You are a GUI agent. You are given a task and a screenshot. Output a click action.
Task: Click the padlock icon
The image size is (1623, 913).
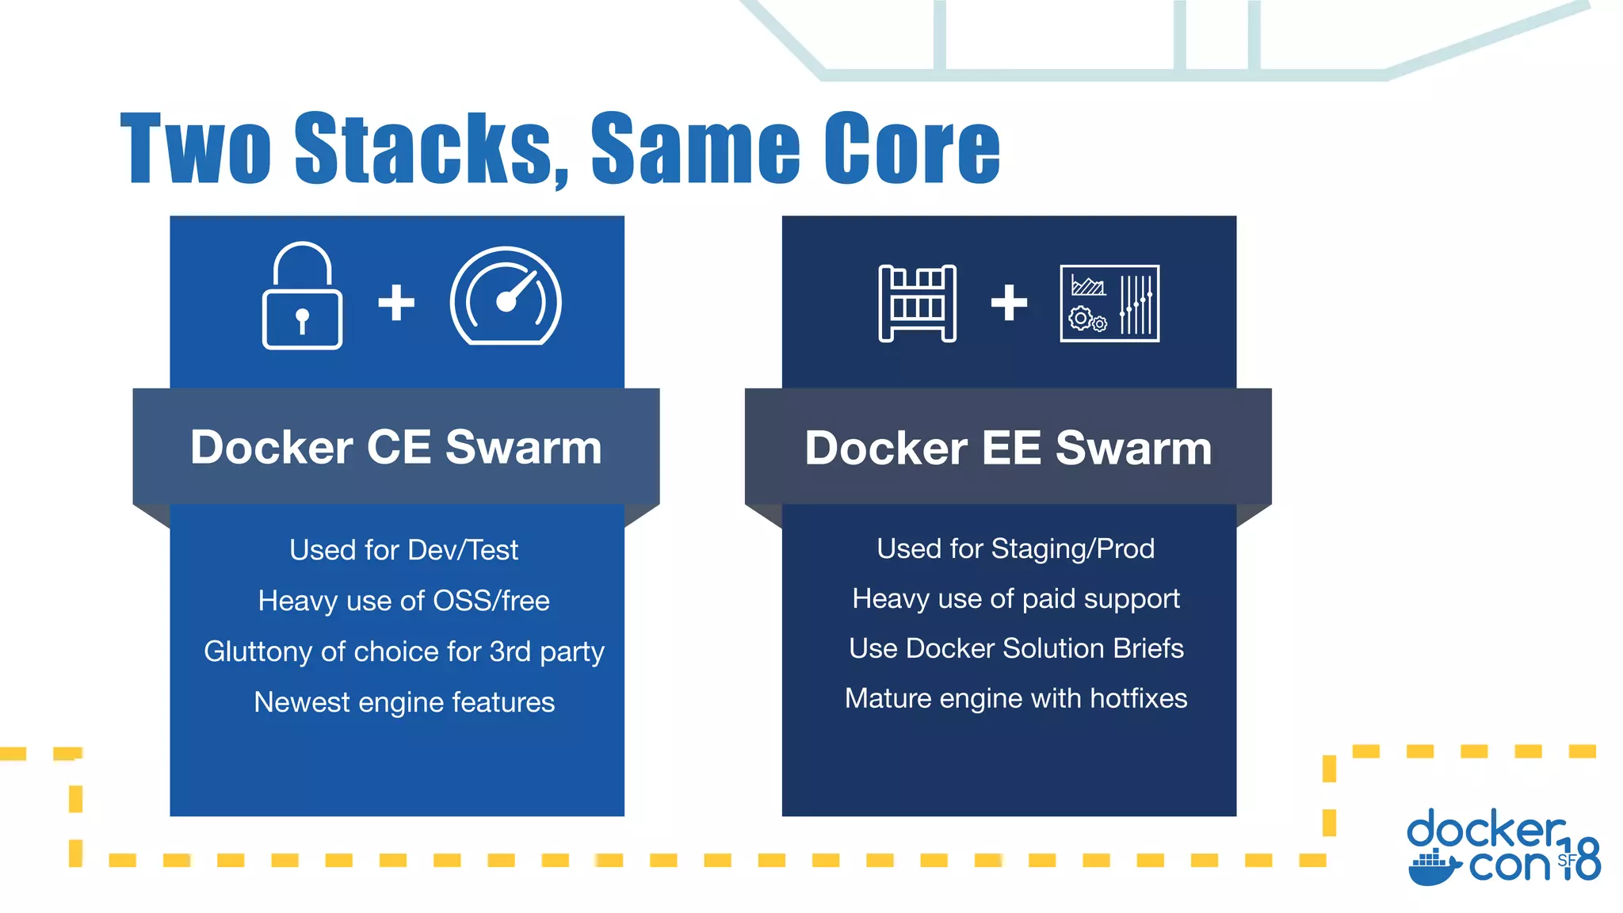pos(302,297)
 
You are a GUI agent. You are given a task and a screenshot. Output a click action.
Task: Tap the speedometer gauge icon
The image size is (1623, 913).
pos(506,297)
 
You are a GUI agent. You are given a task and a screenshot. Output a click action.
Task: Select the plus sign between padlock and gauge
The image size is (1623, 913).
pos(396,302)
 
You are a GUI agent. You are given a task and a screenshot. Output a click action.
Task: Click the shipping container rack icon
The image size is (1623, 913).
pos(917,303)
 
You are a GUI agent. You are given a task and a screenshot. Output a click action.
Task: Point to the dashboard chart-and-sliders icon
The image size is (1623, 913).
pos(1109,304)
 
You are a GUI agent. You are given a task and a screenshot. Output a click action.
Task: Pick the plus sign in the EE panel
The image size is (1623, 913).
pos(1009,302)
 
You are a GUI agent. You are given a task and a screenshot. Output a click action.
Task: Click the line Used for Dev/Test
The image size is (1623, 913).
pos(403,550)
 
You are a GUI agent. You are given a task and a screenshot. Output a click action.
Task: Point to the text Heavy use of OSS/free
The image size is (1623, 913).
pos(403,601)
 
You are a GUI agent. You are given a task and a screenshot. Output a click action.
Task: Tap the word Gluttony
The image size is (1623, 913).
pos(258,651)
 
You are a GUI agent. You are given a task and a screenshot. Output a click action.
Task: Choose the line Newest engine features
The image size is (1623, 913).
pos(403,702)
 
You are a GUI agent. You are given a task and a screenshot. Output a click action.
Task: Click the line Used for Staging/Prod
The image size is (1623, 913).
pos(1015,548)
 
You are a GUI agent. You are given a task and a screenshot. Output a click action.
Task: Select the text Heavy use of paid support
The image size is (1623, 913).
pos(1015,598)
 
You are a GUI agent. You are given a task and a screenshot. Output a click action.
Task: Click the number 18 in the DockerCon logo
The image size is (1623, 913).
pos(1582,860)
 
